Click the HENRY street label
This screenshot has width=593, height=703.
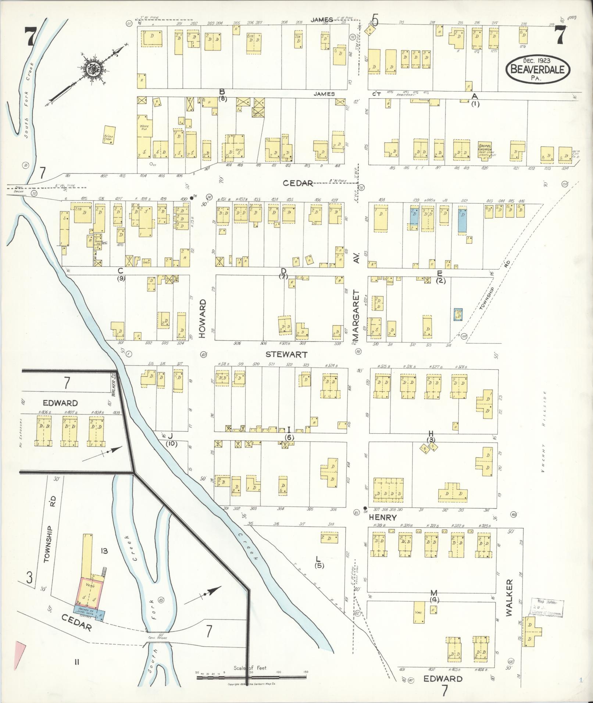375,517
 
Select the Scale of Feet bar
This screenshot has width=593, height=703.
251,677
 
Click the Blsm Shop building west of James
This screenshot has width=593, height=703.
109,135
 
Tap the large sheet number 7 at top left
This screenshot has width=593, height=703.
30,37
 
